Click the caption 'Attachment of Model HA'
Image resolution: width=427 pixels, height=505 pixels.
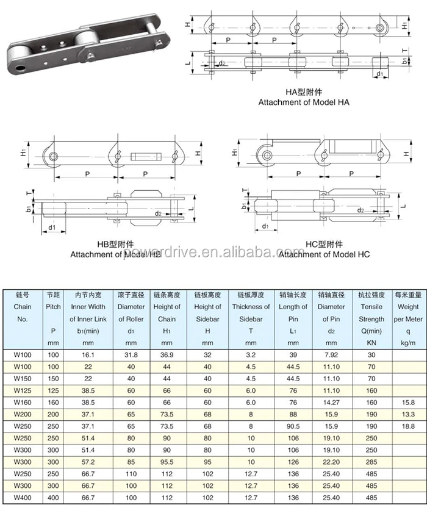click(303, 102)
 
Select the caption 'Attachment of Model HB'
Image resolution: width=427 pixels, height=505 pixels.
click(115, 254)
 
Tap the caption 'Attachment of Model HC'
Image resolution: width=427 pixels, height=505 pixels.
click(324, 254)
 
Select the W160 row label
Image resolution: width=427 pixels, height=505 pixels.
click(22, 403)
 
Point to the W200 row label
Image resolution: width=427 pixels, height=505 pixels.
click(22, 414)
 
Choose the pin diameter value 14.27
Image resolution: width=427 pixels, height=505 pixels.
click(332, 403)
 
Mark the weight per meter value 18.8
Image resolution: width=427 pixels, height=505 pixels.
click(408, 425)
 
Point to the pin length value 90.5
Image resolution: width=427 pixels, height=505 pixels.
click(293, 425)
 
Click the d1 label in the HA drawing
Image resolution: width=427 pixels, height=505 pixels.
click(380, 74)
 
